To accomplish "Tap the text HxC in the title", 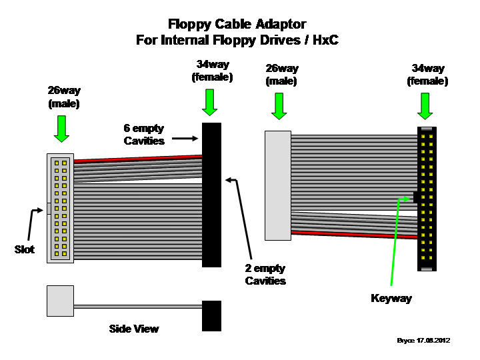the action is [x=325, y=40].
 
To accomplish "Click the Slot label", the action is [x=25, y=249].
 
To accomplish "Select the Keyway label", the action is [x=391, y=298].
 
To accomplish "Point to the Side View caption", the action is [x=134, y=329].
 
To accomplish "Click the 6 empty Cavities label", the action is [x=144, y=135].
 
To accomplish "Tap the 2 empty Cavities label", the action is [x=265, y=275].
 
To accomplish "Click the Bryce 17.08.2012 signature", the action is [x=423, y=341].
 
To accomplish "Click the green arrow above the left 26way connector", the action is [x=61, y=129].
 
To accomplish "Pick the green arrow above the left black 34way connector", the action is [x=210, y=103].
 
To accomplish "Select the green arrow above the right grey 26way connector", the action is [x=279, y=106].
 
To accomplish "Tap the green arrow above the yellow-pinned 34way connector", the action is [x=425, y=106].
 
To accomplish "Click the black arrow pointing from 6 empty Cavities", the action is [x=185, y=139].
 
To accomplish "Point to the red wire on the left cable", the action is [x=138, y=159].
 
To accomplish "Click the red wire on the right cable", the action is [x=354, y=235].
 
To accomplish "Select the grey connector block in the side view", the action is [x=60, y=301].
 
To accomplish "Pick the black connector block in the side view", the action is [x=211, y=316].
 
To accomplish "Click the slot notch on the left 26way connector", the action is [x=49, y=209].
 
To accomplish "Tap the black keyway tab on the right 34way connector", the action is [x=415, y=197].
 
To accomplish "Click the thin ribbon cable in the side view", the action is [x=138, y=307].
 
